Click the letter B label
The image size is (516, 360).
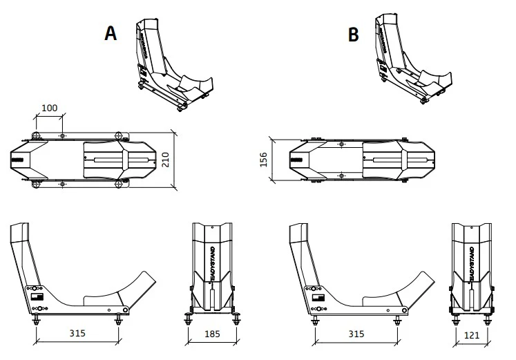[x=353, y=34]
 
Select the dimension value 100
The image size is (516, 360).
[x=50, y=108]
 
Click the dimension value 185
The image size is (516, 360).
[x=214, y=333]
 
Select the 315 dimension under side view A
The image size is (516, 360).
[x=77, y=333]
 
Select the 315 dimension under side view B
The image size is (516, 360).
[x=356, y=333]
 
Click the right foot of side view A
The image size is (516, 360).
[x=117, y=319]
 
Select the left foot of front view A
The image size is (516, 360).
[x=189, y=319]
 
